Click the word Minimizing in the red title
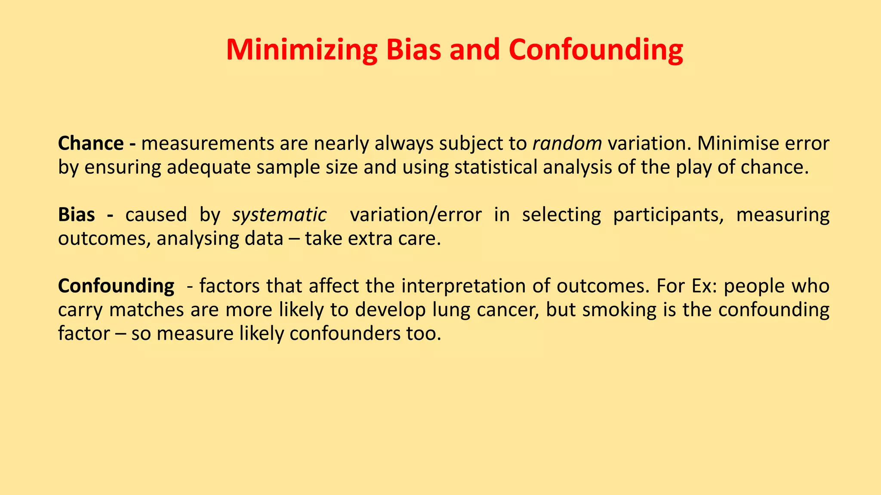(x=301, y=50)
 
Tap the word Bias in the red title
(x=413, y=50)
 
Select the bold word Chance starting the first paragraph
(x=91, y=144)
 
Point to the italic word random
(x=567, y=144)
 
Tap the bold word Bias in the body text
(x=77, y=214)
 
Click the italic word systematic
(x=279, y=214)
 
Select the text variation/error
(x=416, y=214)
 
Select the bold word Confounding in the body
(x=116, y=286)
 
